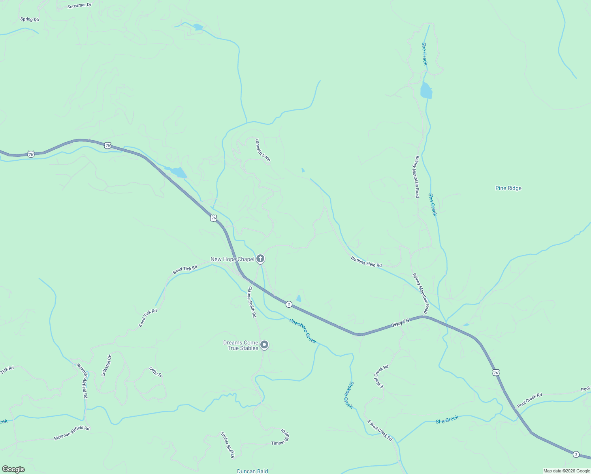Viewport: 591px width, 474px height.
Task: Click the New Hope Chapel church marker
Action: click(x=260, y=259)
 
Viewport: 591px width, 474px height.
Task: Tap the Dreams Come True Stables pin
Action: click(x=264, y=345)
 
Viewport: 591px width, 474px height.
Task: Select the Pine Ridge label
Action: click(x=508, y=188)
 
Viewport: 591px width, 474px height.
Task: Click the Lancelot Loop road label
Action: click(x=263, y=150)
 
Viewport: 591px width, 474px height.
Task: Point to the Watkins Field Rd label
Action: click(x=366, y=261)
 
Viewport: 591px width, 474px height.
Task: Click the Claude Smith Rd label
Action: click(x=252, y=302)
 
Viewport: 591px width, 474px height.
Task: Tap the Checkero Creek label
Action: click(x=303, y=331)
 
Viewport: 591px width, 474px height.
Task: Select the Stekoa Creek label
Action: click(x=348, y=395)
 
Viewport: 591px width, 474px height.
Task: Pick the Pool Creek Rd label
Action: click(x=529, y=400)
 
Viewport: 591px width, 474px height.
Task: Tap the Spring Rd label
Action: click(x=30, y=19)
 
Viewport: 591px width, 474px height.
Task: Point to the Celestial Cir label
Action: click(x=106, y=365)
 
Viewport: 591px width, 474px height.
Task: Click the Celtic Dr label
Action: click(x=156, y=372)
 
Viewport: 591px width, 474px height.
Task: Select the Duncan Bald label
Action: click(x=252, y=471)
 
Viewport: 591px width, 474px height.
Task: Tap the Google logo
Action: click(x=13, y=469)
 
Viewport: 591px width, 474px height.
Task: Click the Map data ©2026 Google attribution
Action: click(x=566, y=471)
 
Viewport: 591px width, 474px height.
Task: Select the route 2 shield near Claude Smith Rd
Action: click(x=289, y=304)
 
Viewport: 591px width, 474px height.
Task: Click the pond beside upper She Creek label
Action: click(x=426, y=90)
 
